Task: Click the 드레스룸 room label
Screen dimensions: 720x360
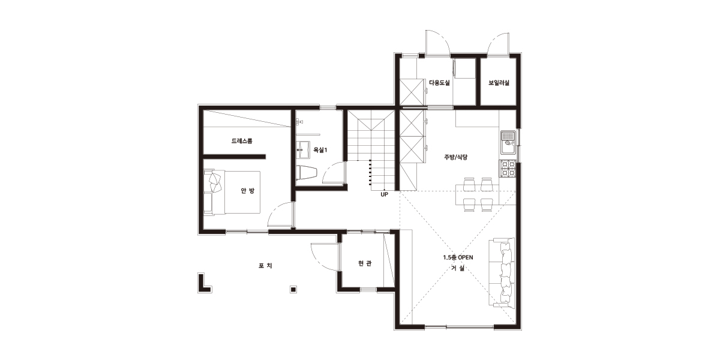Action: pyautogui.click(x=242, y=141)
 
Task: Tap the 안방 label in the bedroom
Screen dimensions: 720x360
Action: pyautogui.click(x=247, y=191)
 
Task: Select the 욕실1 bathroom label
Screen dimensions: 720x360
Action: pyautogui.click(x=320, y=150)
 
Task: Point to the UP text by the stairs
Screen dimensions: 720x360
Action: pyautogui.click(x=384, y=194)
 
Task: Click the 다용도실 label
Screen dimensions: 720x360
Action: pyautogui.click(x=439, y=83)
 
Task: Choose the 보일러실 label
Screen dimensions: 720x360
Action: pyautogui.click(x=499, y=83)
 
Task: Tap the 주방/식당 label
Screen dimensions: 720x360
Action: pyautogui.click(x=456, y=157)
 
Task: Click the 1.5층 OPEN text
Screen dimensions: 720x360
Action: pyautogui.click(x=458, y=257)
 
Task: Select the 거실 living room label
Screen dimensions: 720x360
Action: pyautogui.click(x=458, y=268)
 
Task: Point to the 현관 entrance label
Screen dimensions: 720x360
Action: pyautogui.click(x=365, y=263)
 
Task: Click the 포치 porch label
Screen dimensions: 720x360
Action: pyautogui.click(x=265, y=265)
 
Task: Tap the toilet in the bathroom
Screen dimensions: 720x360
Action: pyautogui.click(x=307, y=173)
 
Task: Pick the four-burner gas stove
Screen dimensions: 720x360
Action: pyautogui.click(x=508, y=169)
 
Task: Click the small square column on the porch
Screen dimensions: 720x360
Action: pyautogui.click(x=293, y=289)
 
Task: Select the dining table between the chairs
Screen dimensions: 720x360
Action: pyautogui.click(x=478, y=195)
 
